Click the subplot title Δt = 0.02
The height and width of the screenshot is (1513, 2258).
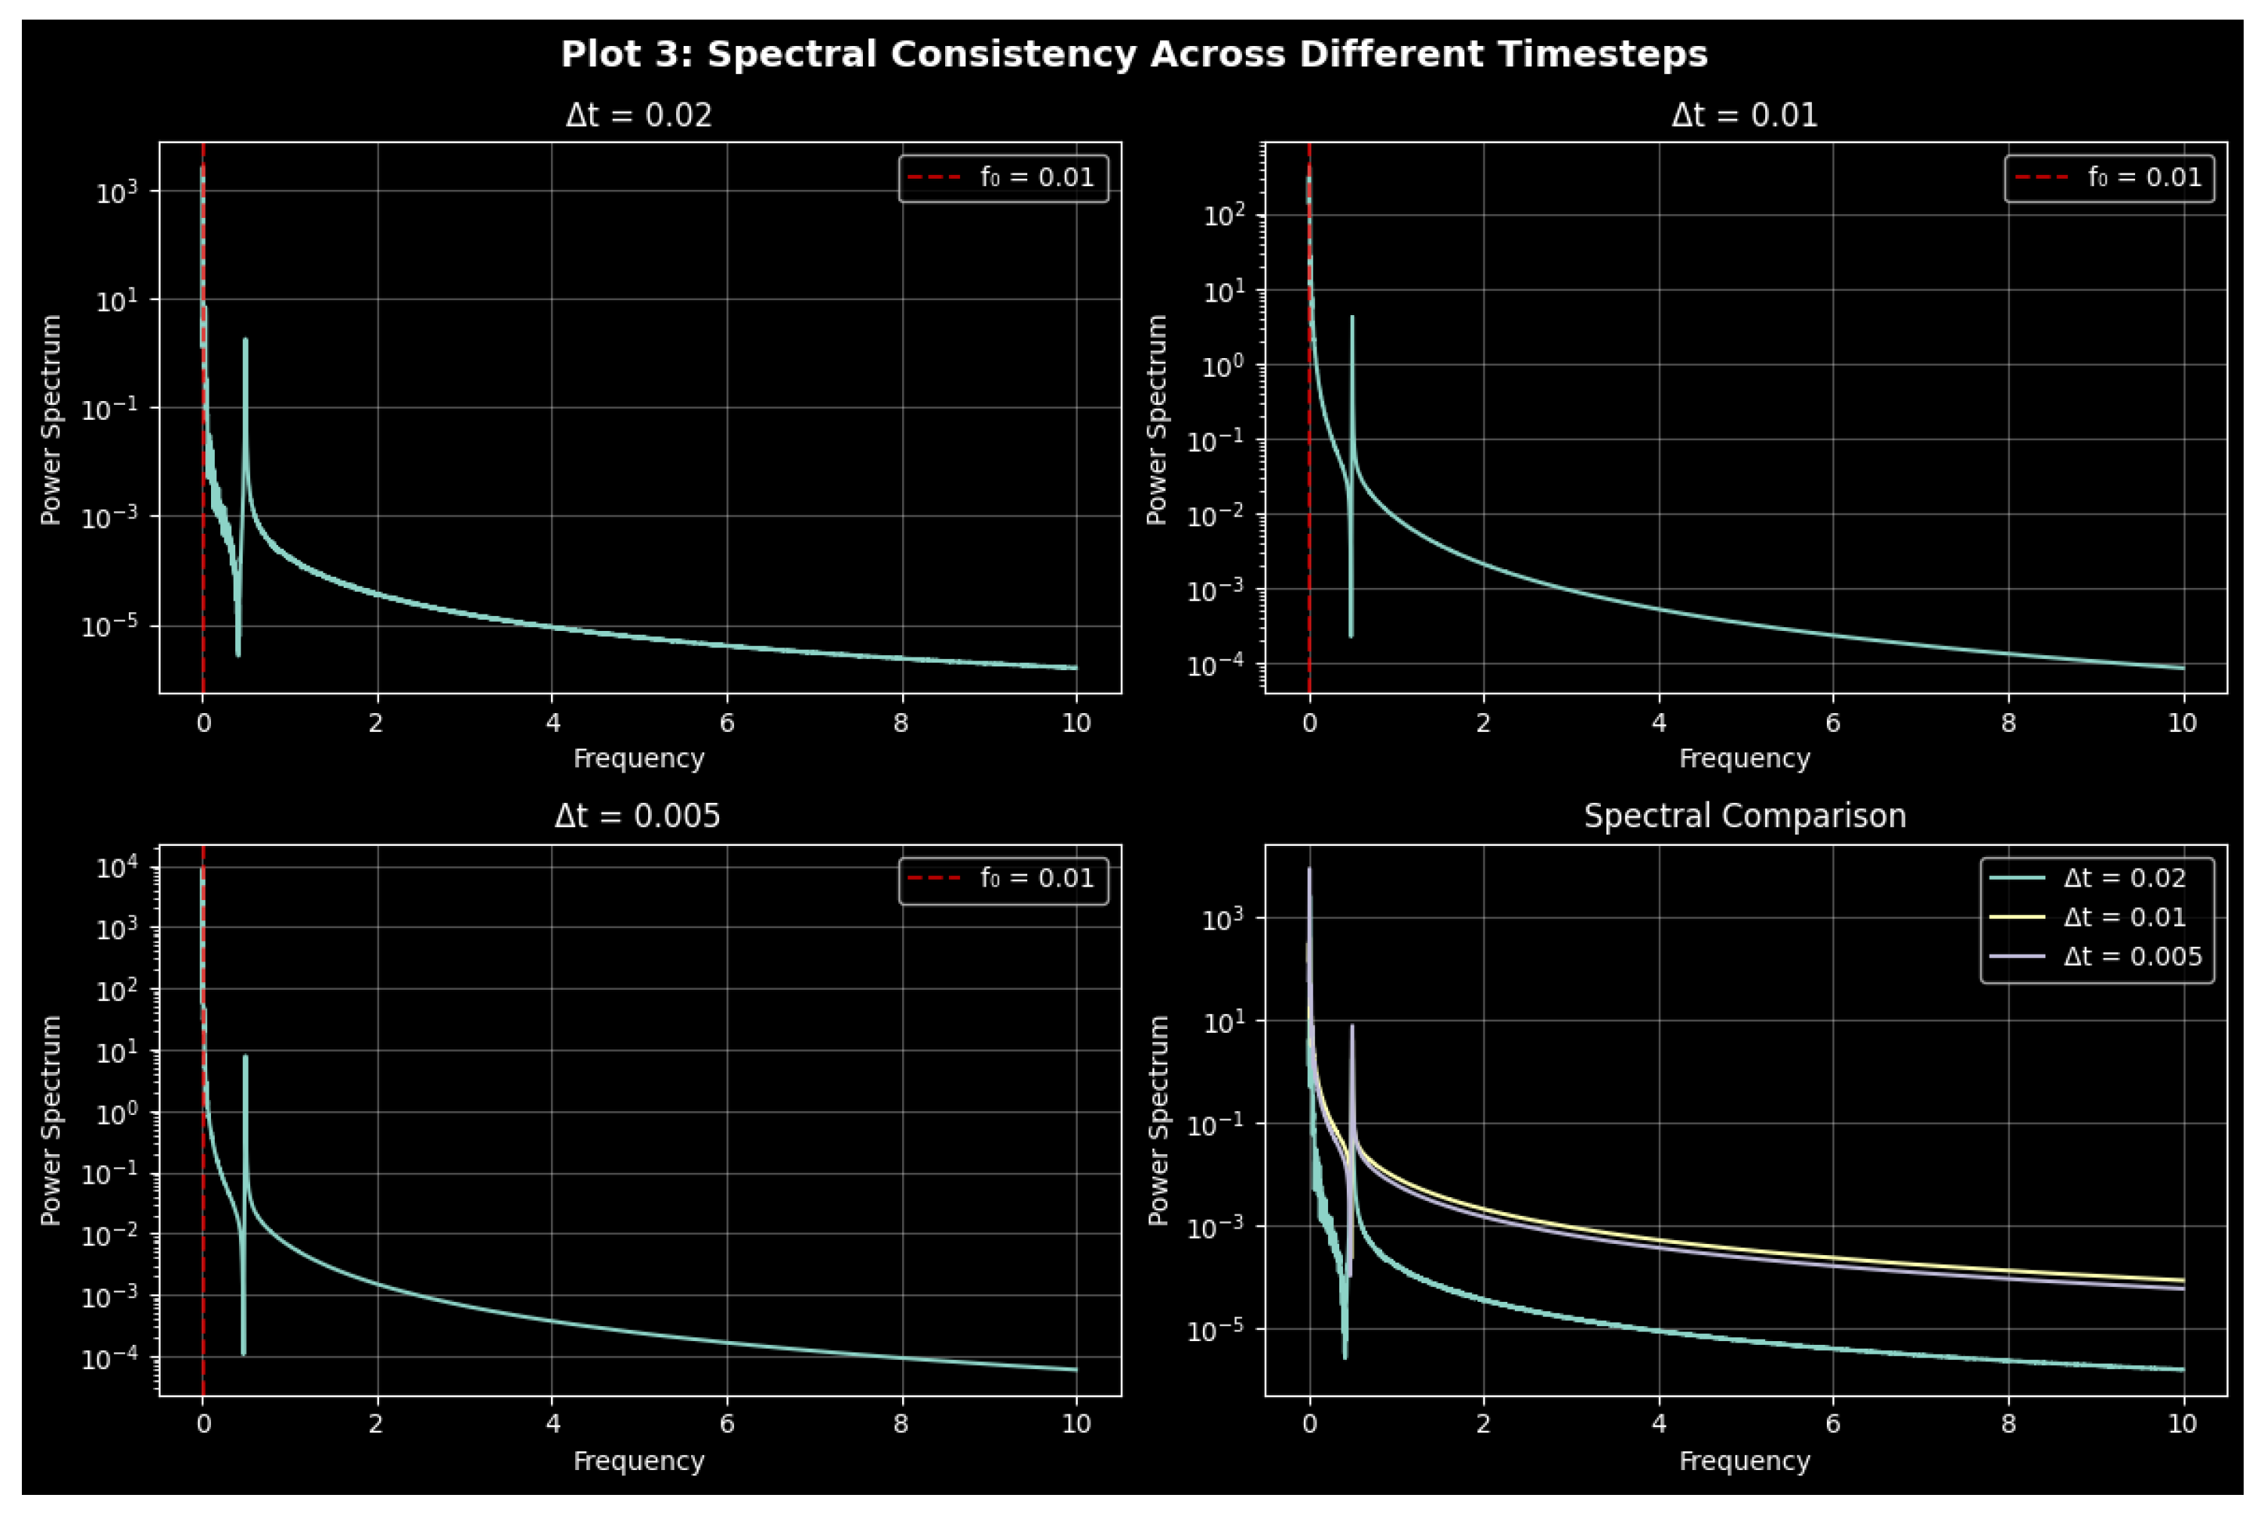(638, 116)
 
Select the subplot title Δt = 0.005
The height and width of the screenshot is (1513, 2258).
(637, 816)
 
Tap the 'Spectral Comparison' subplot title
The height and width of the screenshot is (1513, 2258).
(1744, 816)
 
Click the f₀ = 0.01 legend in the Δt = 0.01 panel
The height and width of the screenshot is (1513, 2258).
(2109, 178)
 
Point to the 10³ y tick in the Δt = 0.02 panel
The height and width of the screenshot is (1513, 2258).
(117, 192)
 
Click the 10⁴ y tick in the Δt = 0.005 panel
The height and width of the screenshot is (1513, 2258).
(117, 868)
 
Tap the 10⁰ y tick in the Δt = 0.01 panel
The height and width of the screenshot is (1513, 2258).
(1223, 366)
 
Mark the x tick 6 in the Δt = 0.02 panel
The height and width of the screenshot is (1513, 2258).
(727, 724)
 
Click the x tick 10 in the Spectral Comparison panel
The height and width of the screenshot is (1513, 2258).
(2183, 1424)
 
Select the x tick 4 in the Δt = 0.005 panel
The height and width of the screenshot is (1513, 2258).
(552, 1424)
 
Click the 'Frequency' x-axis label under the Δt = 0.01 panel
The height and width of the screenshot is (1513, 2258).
(1744, 758)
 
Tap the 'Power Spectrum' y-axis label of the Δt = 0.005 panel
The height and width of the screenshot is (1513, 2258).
(50, 1119)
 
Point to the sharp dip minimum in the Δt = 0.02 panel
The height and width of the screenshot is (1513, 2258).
(238, 655)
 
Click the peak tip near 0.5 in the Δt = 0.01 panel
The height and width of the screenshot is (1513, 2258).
(1351, 317)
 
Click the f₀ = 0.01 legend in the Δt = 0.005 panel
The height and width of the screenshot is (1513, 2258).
(1003, 879)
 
